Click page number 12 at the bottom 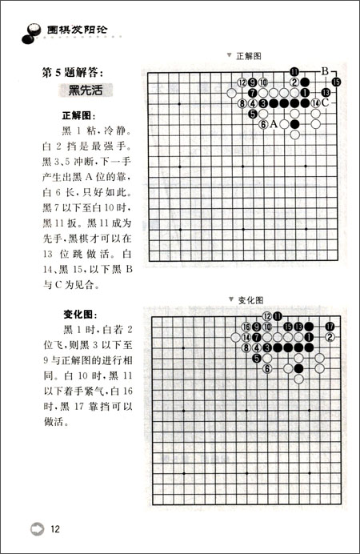pyautogui.click(x=55, y=528)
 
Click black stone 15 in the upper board pyautogui.click(x=336, y=82)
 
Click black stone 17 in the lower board pyautogui.click(x=330, y=326)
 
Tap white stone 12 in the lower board pyautogui.click(x=267, y=316)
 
